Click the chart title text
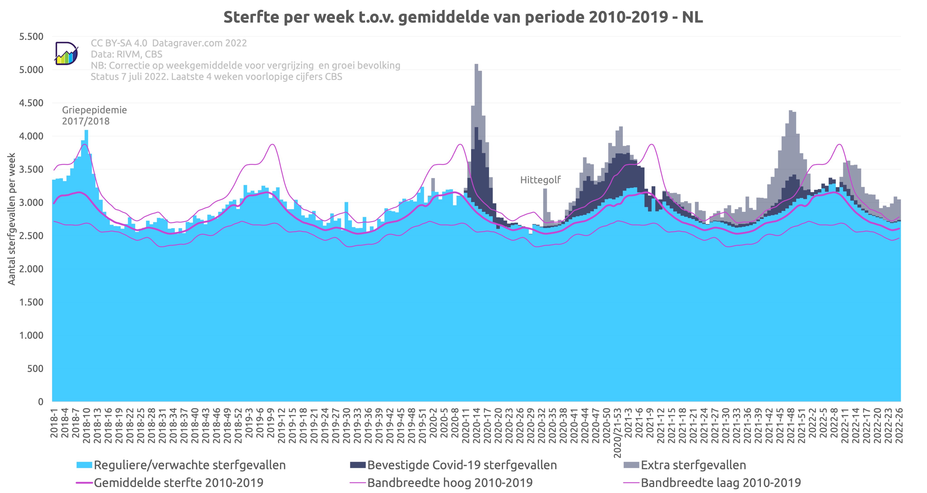pos(463,17)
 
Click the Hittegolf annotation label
pos(540,180)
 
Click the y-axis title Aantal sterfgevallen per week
pos(12,219)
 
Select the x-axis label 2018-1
pos(54,423)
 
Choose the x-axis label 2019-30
pos(346,423)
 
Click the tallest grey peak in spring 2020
pos(476,67)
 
